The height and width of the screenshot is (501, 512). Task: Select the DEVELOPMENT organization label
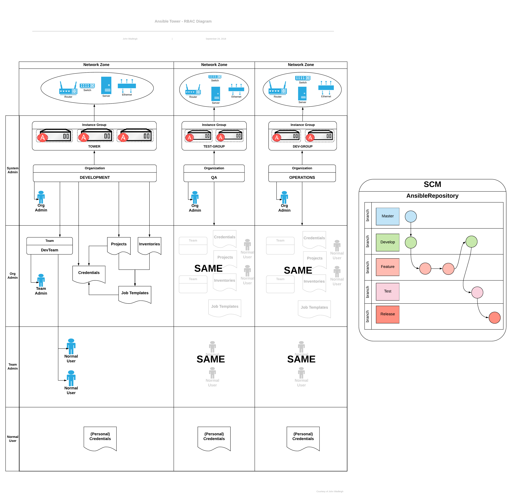[95, 177]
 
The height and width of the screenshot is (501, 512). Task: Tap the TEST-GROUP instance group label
[214, 146]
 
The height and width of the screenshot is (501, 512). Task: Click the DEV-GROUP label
[303, 146]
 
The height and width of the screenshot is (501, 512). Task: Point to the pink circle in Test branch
[477, 292]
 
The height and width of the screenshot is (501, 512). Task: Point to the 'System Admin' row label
[12, 170]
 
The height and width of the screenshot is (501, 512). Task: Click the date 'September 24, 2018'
[216, 39]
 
